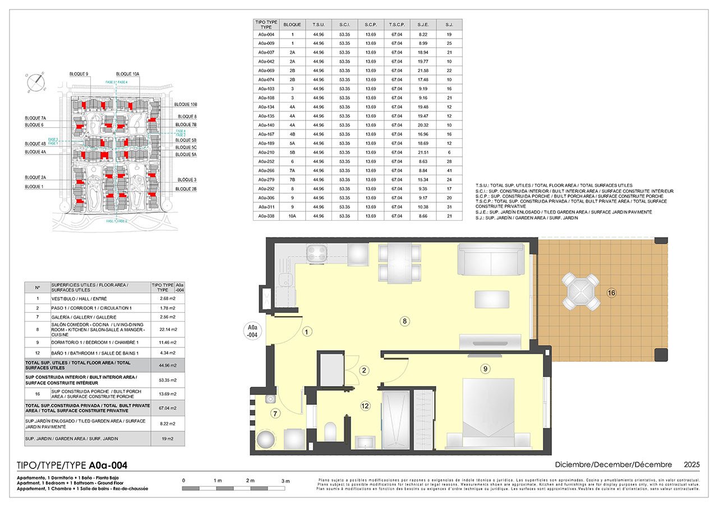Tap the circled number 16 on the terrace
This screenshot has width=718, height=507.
611,292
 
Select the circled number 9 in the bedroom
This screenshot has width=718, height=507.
485,368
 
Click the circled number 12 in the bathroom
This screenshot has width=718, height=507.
365,406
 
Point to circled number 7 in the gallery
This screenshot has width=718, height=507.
275,414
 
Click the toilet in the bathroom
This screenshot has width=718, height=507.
330,432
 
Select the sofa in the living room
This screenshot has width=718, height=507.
491,259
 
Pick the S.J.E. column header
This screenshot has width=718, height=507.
423,25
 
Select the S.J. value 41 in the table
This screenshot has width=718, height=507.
449,170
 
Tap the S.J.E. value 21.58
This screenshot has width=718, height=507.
423,71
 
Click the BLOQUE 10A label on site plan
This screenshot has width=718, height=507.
127,74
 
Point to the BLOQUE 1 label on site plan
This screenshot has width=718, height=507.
34,186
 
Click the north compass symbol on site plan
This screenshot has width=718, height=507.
36,82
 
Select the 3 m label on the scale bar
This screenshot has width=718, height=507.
285,481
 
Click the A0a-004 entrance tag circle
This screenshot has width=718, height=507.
253,331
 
